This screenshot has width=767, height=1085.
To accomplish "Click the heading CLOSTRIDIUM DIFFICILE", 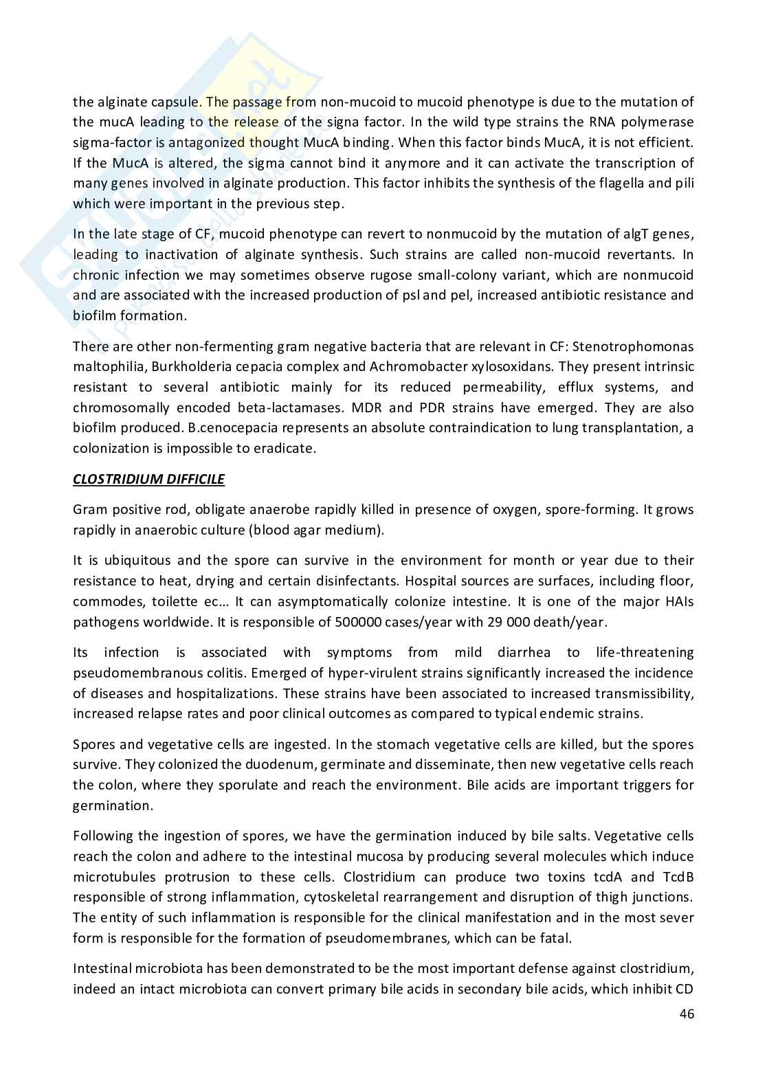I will click(148, 479).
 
